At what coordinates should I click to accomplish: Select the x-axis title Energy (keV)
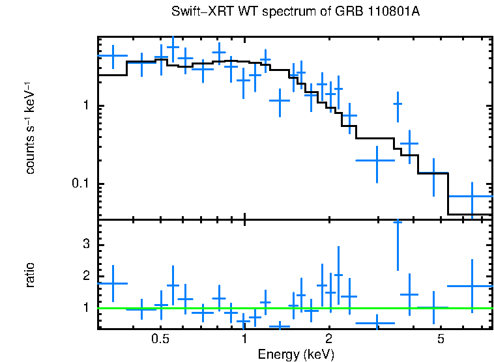[296, 354]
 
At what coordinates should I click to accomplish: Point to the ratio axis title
[30, 275]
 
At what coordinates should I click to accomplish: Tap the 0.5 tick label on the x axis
[160, 339]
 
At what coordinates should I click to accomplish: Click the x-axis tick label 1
[244, 339]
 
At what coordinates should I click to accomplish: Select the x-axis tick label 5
[441, 339]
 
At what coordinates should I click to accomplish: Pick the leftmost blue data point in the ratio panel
[113, 283]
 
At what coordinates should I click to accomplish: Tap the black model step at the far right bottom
[469, 214]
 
